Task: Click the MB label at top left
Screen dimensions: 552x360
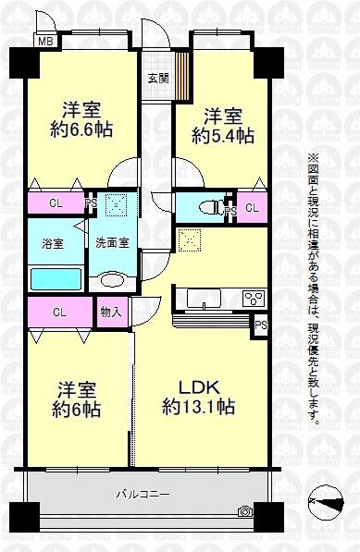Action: pyautogui.click(x=43, y=40)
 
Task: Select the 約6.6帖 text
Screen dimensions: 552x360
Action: pyautogui.click(x=81, y=130)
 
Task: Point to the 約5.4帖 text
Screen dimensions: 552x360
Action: pyautogui.click(x=222, y=136)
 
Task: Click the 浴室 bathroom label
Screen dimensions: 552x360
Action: pyautogui.click(x=52, y=243)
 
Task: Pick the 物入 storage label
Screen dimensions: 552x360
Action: pyautogui.click(x=111, y=313)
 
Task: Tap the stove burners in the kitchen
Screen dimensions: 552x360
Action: pyautogui.click(x=253, y=299)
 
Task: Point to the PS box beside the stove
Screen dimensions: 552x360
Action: pyautogui.click(x=261, y=325)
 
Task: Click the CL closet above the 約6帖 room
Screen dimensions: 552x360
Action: pyautogui.click(x=57, y=313)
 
